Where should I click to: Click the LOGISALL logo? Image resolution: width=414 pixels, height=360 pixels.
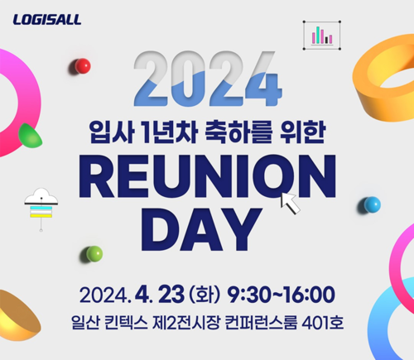tap(47, 20)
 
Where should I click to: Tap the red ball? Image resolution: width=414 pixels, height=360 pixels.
tap(83, 66)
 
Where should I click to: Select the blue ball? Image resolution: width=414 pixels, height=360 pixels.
tap(372, 204)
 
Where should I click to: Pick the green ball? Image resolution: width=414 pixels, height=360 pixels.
tap(94, 254)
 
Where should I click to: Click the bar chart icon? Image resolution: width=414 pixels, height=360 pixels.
tap(322, 36)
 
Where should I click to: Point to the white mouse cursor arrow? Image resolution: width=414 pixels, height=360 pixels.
tap(290, 203)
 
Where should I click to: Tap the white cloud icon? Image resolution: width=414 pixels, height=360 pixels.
tap(41, 196)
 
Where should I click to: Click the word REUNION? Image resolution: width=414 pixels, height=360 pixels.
tap(208, 176)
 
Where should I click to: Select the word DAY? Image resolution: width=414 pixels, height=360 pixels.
tap(201, 229)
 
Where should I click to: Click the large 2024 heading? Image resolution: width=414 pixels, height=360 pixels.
tap(208, 79)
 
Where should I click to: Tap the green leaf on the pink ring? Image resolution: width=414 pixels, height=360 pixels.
tap(30, 136)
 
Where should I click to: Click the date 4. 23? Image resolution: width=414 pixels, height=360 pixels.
tap(160, 295)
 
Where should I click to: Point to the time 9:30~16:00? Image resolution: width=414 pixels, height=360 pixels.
tap(282, 295)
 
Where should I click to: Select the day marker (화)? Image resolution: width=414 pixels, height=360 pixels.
tap(205, 295)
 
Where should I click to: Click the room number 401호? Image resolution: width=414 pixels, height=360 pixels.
tap(323, 323)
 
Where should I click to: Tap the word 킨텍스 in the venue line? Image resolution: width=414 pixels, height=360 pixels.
tap(126, 323)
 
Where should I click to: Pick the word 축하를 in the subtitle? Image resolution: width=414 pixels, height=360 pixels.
tap(238, 132)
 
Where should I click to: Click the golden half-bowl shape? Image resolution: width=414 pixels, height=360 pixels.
tap(18, 316)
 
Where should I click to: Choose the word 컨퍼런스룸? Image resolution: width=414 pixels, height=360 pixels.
tap(261, 323)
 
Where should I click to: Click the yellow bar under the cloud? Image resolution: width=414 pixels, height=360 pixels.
tap(41, 216)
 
